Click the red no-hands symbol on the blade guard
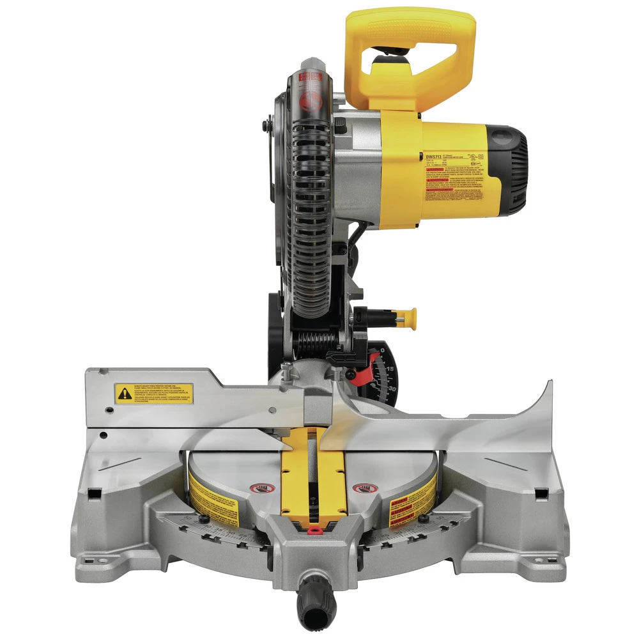click(x=309, y=102)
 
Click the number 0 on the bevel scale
click(x=382, y=350)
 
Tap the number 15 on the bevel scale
click(x=389, y=369)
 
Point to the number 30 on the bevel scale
click(x=391, y=388)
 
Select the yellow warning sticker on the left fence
click(x=153, y=393)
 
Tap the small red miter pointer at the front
click(x=312, y=529)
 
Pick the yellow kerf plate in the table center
click(x=313, y=473)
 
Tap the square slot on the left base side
click(x=95, y=493)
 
